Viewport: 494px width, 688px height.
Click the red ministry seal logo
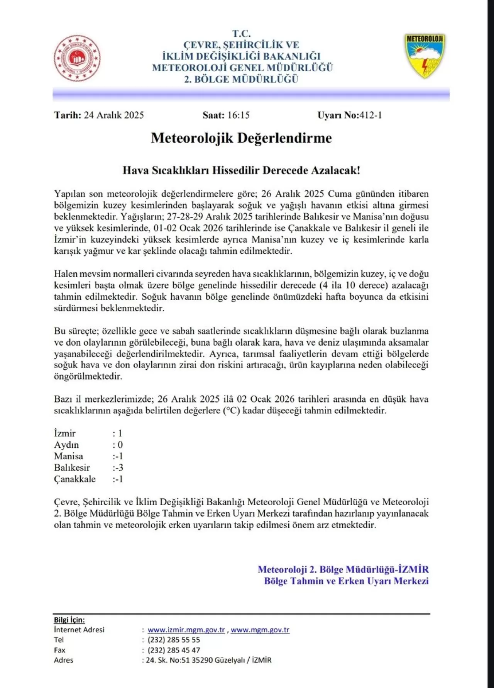pyautogui.click(x=77, y=58)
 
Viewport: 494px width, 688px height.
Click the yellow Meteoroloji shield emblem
pyautogui.click(x=425, y=55)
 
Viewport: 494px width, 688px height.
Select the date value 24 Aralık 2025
pyautogui.click(x=114, y=115)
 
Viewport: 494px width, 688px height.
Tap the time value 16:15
pyautogui.click(x=239, y=115)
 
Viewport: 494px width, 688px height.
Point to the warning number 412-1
pyautogui.click(x=370, y=115)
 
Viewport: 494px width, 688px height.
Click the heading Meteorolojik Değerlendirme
pyautogui.click(x=241, y=138)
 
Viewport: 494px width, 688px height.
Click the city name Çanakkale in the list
pyautogui.click(x=75, y=479)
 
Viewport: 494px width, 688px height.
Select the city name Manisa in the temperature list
pyautogui.click(x=68, y=456)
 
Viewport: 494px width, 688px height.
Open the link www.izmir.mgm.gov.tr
pyautogui.click(x=186, y=630)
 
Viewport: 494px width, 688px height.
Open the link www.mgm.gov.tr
pyautogui.click(x=260, y=630)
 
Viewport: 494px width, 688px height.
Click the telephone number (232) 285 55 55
pyautogui.click(x=174, y=640)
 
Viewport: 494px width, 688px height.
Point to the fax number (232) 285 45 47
pyautogui.click(x=174, y=650)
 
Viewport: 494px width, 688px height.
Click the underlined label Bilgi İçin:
pyautogui.click(x=69, y=620)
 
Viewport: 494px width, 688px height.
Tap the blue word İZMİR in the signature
pyautogui.click(x=413, y=569)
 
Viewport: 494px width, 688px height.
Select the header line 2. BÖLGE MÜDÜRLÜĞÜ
pyautogui.click(x=241, y=79)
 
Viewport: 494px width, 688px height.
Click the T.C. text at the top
pyautogui.click(x=241, y=34)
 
